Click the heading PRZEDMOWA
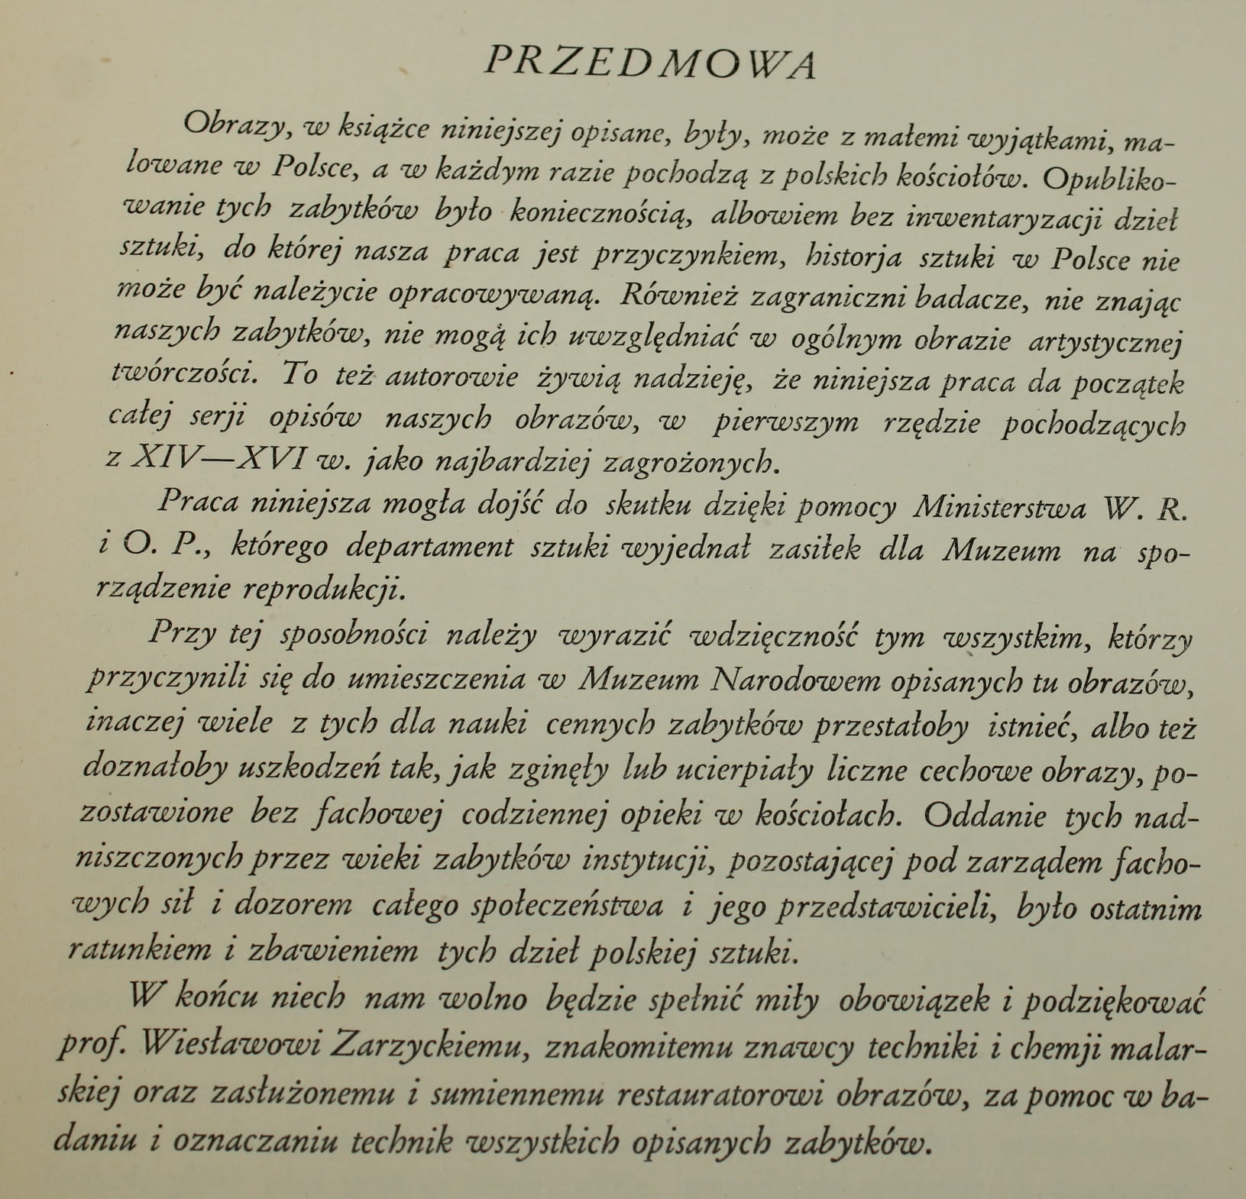pos(650,63)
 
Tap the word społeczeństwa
pos(567,905)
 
